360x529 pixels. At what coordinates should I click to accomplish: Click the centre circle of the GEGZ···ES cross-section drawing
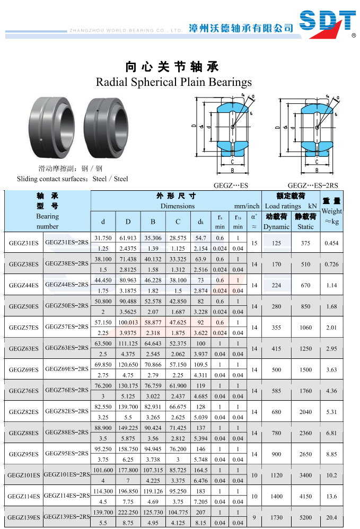(x=232, y=127)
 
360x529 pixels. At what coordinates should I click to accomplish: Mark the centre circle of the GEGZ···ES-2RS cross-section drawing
(x=317, y=127)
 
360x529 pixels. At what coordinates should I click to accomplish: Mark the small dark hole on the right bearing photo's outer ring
(x=97, y=110)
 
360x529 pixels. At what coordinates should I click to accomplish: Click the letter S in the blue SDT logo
(x=310, y=20)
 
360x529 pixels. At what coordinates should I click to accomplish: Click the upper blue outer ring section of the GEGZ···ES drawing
(x=232, y=107)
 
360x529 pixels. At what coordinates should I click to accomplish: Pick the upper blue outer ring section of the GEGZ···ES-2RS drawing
(x=317, y=108)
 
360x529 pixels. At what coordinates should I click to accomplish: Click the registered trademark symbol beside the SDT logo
(x=354, y=35)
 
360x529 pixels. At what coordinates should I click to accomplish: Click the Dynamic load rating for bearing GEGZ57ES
(x=276, y=327)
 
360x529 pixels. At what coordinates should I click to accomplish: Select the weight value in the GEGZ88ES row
(x=331, y=433)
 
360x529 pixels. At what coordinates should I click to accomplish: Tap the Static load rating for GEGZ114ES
(x=306, y=496)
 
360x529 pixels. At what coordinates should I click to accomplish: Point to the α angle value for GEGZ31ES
(x=254, y=243)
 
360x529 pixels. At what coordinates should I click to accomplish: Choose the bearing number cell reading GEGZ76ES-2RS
(x=67, y=390)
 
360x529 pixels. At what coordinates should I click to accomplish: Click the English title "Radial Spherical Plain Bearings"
(x=174, y=82)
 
